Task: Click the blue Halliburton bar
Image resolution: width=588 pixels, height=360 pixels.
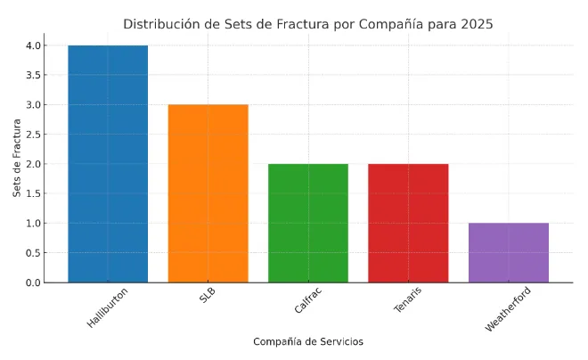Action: click(x=108, y=164)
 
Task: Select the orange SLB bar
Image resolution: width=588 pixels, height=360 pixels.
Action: click(x=208, y=193)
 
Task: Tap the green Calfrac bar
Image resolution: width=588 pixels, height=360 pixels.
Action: click(x=308, y=223)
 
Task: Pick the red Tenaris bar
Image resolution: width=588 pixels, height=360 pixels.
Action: click(x=408, y=223)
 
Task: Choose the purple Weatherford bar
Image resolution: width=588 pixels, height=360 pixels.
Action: click(x=509, y=252)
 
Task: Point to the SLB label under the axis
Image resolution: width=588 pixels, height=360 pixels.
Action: click(x=208, y=297)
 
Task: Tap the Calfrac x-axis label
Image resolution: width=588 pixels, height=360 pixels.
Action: click(x=308, y=301)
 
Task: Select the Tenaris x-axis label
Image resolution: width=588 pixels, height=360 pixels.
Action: click(x=408, y=301)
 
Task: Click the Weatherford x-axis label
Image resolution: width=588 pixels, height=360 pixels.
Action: click(x=508, y=310)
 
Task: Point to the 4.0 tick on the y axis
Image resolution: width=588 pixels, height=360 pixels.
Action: click(x=33, y=45)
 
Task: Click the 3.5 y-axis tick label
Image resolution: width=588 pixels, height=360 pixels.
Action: click(x=33, y=75)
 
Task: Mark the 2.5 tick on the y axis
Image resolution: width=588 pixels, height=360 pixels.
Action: click(x=33, y=135)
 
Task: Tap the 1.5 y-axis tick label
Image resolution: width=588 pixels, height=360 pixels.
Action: click(x=33, y=193)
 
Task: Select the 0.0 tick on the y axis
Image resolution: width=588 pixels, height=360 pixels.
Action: click(x=33, y=282)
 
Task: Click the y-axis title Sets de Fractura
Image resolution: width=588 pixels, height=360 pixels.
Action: click(x=17, y=164)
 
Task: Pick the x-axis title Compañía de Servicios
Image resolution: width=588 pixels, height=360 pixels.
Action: click(x=308, y=342)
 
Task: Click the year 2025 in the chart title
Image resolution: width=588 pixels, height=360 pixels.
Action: click(x=477, y=24)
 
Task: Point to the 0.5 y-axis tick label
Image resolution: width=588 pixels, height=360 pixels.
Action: click(x=33, y=253)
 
